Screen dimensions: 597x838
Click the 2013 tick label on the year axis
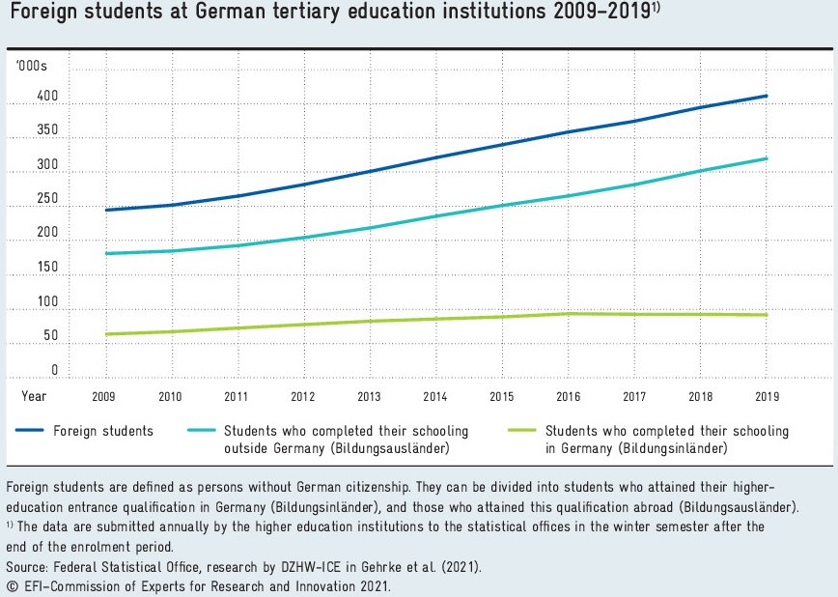(x=369, y=396)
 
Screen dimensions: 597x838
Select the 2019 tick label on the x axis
(x=767, y=396)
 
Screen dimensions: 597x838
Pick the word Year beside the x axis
(x=34, y=396)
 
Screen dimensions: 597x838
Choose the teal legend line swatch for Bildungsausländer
(x=200, y=431)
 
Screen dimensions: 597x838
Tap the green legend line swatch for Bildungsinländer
(x=521, y=431)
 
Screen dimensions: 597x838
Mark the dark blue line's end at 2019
(x=767, y=96)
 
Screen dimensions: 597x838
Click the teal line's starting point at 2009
(x=105, y=253)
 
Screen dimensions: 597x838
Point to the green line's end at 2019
(x=767, y=315)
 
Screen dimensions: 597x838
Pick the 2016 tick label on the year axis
(x=568, y=396)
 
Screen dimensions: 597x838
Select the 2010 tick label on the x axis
(x=171, y=396)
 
